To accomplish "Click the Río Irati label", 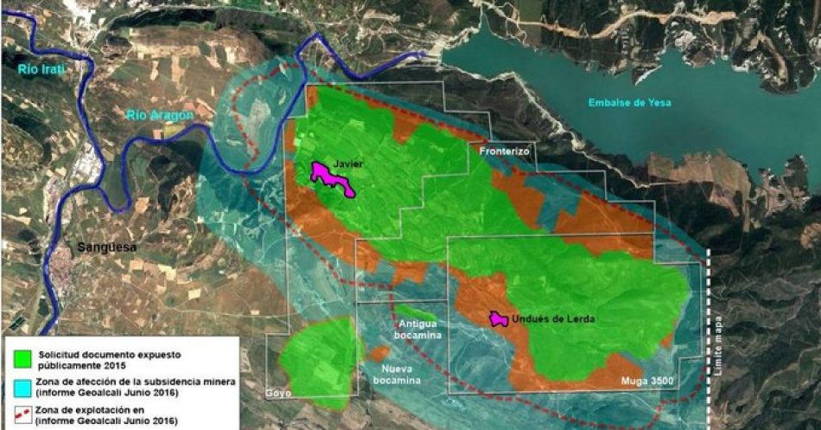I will pyautogui.click(x=44, y=67).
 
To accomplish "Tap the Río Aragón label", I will pyautogui.click(x=159, y=113).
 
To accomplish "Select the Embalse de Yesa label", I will pyautogui.click(x=629, y=103).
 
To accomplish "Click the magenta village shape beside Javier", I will pyautogui.click(x=331, y=178).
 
